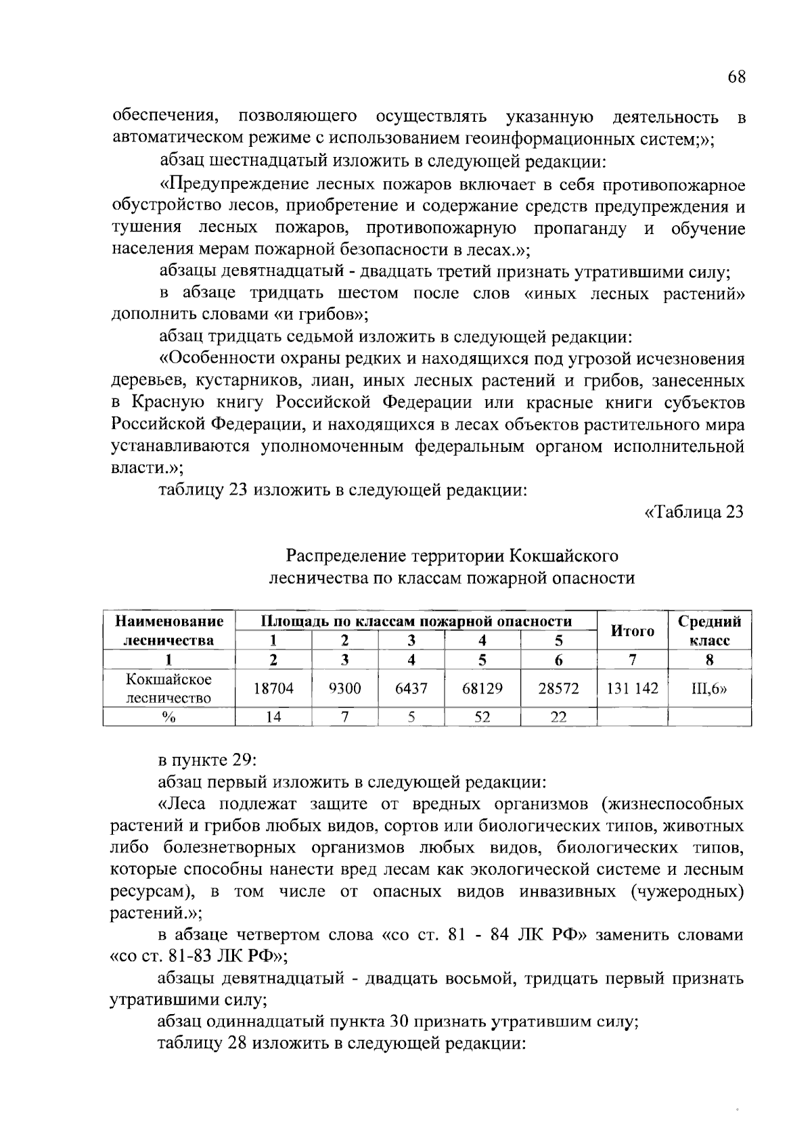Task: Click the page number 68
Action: point(736,76)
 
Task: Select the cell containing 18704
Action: point(273,689)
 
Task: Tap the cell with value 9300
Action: point(344,689)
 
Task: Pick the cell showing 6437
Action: point(411,689)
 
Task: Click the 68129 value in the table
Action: point(482,689)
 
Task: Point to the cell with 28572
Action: point(558,689)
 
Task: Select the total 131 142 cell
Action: point(632,689)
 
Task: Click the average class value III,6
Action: point(708,689)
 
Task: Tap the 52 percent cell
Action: point(482,717)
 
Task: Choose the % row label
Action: point(168,717)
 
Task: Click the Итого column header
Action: point(632,631)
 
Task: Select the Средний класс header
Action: point(709,631)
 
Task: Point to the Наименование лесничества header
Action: point(168,631)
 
